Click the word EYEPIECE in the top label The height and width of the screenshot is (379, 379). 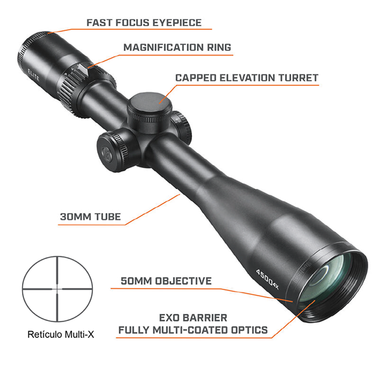click(x=177, y=23)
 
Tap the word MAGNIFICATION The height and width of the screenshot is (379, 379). click(x=164, y=47)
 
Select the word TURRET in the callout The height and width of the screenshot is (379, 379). click(x=298, y=78)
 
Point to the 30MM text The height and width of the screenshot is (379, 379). click(x=75, y=217)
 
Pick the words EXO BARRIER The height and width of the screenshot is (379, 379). click(x=193, y=318)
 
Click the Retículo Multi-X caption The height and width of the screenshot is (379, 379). click(x=61, y=335)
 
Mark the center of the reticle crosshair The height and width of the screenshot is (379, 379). click(x=57, y=289)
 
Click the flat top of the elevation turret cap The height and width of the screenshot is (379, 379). click(x=149, y=103)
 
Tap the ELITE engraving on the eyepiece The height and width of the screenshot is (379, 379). click(x=33, y=75)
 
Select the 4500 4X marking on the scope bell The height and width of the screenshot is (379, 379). click(x=267, y=279)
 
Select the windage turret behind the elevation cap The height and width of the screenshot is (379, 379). click(x=182, y=127)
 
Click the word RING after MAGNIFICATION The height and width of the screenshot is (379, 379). click(x=219, y=47)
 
